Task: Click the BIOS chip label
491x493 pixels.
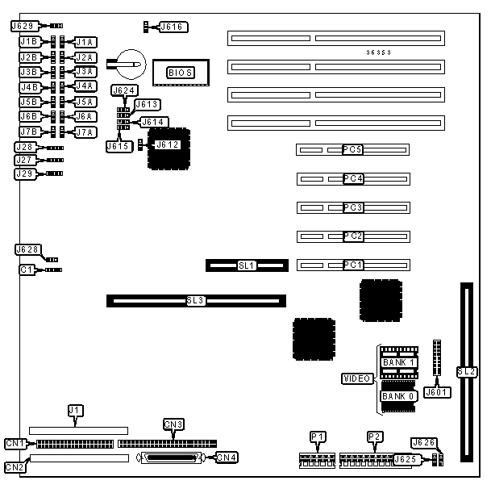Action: (179, 73)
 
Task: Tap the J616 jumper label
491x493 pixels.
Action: (173, 27)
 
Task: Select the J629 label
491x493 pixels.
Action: (23, 27)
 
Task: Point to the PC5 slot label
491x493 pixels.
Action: (353, 150)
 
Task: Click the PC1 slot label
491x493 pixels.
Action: (353, 265)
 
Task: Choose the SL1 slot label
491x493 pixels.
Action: (246, 265)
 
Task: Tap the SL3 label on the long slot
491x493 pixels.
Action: (196, 301)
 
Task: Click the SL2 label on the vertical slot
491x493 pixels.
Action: (466, 372)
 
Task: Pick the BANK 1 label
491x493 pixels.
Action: (398, 363)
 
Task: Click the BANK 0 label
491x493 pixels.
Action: (398, 395)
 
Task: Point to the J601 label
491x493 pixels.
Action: (436, 393)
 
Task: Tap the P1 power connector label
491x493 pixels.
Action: (318, 437)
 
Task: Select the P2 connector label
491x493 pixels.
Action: (373, 437)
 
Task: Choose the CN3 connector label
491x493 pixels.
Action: (173, 424)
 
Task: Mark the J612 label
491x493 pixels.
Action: (166, 144)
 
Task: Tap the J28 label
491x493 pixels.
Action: (25, 147)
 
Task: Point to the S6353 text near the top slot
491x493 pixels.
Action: (379, 53)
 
